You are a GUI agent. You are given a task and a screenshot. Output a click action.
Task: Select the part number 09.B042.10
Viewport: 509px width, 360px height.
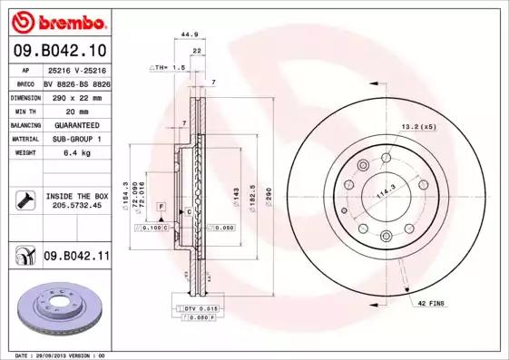pos(60,51)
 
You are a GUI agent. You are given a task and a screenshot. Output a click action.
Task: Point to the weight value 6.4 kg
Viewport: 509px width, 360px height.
pos(77,153)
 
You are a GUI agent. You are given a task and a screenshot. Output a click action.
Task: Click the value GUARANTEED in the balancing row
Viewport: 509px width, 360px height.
pos(76,124)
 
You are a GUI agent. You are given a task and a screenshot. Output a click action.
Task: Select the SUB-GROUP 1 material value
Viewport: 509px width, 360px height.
pos(76,139)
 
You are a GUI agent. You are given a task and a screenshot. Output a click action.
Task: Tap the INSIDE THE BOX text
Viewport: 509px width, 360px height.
pos(76,196)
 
